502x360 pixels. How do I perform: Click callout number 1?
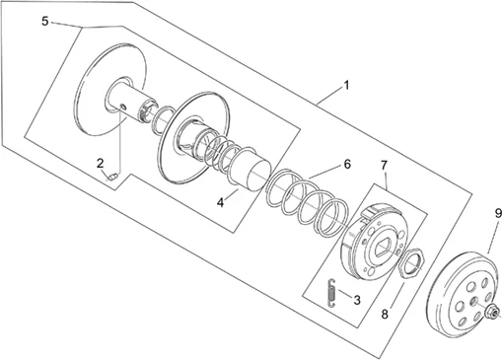click(x=346, y=86)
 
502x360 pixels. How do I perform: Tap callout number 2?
click(x=101, y=163)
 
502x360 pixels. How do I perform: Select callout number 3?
click(x=357, y=300)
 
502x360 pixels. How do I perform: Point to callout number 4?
click(x=221, y=202)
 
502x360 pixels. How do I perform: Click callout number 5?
click(x=45, y=22)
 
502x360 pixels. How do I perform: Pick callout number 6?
click(x=347, y=164)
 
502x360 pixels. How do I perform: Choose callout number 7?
click(x=385, y=166)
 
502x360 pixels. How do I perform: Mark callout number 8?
click(x=385, y=315)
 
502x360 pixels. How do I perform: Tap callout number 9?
click(x=498, y=214)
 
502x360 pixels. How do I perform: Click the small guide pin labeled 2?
click(x=112, y=177)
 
